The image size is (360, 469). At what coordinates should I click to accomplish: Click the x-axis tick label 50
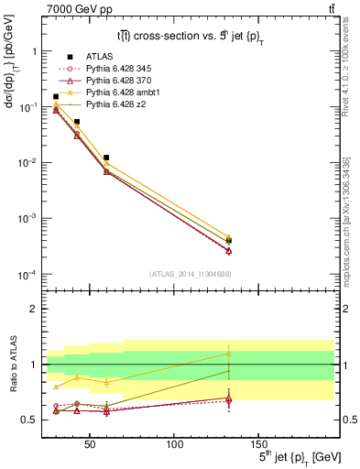(90, 444)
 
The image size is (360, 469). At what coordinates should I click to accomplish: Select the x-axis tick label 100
(174, 444)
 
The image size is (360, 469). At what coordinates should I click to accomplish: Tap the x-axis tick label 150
(258, 444)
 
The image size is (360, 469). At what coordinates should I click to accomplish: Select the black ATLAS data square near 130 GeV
(229, 241)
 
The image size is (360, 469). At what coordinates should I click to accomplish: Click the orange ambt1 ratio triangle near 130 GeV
(229, 354)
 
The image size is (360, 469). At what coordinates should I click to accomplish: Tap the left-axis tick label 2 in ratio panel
(33, 309)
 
